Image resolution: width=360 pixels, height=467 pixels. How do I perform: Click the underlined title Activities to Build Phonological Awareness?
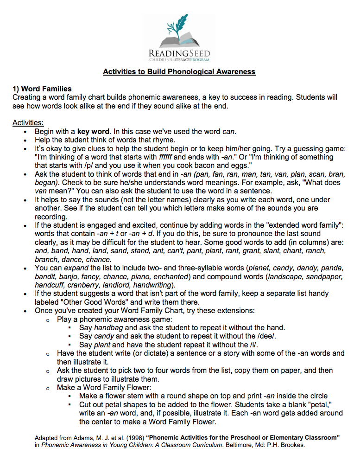179,72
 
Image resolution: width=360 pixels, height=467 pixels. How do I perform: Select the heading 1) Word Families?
42,89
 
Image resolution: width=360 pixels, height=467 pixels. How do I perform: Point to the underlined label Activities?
28,122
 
